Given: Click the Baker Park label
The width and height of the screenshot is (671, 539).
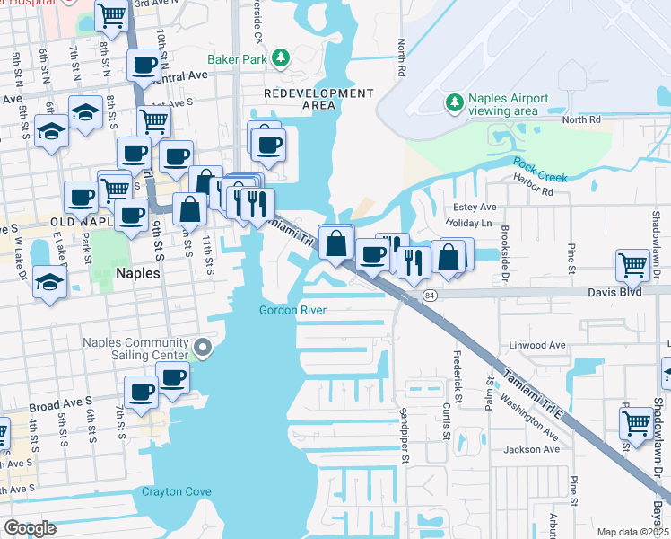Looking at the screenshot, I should click(x=237, y=59).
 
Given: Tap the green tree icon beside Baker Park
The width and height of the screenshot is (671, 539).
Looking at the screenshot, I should click(x=281, y=58).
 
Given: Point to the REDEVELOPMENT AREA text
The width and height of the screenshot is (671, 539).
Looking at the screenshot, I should click(x=318, y=99).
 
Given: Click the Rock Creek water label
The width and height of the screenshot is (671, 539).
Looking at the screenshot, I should click(x=540, y=170).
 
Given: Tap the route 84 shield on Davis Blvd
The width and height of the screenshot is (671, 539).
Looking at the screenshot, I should click(x=431, y=296).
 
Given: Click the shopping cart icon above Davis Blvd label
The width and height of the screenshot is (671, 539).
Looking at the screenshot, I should click(x=632, y=265).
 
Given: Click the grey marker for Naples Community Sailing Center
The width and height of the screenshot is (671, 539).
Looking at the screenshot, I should click(x=204, y=347).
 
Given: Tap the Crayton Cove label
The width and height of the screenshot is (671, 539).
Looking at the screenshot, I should click(x=176, y=491).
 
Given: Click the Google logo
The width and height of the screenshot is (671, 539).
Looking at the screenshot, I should click(x=30, y=528).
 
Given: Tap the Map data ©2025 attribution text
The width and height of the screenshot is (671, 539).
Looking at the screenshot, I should click(x=632, y=532).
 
